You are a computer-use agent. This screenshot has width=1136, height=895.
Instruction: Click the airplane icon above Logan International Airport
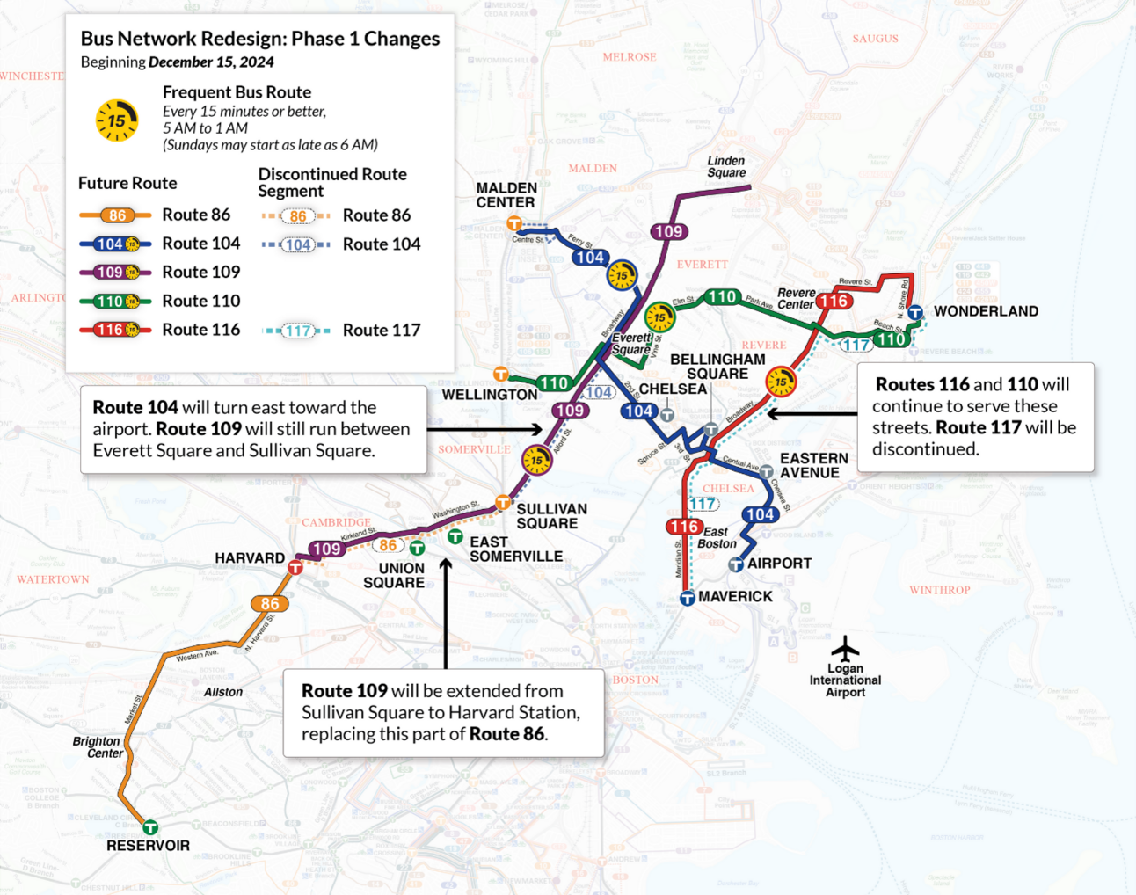[845, 649]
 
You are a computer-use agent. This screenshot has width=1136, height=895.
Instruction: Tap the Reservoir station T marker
[150, 827]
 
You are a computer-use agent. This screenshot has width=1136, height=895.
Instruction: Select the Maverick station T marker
[688, 599]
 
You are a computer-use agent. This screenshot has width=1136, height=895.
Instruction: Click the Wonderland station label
[986, 311]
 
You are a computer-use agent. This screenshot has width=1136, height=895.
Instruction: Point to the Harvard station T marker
[295, 568]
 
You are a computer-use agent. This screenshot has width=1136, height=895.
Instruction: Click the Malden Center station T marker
[514, 224]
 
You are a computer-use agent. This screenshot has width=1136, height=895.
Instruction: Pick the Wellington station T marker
[500, 375]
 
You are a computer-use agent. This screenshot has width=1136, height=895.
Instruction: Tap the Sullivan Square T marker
[503, 503]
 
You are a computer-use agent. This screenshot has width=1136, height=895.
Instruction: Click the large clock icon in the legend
[117, 120]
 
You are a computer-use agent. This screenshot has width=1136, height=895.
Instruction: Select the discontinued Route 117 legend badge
[298, 331]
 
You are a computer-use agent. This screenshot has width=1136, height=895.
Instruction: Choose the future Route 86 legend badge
[117, 215]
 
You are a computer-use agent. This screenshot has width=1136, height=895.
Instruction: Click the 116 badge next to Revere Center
[833, 302]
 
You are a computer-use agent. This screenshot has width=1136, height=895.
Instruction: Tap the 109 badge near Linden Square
[668, 232]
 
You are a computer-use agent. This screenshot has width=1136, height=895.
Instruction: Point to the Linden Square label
[726, 166]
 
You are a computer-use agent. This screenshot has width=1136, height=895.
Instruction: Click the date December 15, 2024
[211, 62]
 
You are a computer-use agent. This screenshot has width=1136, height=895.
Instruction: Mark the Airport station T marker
[736, 565]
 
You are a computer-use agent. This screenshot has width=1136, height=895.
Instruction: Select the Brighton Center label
[98, 747]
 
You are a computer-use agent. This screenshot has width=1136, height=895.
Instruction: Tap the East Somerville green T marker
[455, 536]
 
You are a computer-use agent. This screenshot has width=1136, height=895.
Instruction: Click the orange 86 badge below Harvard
[270, 604]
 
